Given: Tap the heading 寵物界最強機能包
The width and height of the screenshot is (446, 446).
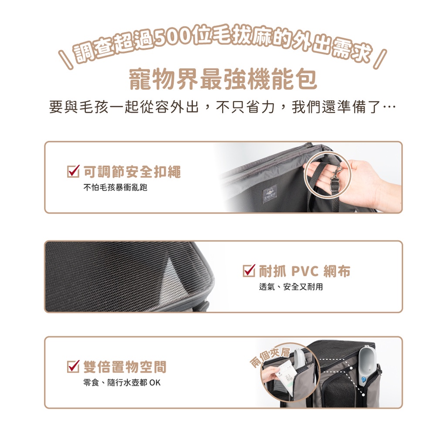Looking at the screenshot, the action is (223, 80).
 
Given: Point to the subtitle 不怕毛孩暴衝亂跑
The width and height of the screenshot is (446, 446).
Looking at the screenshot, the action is (115, 187).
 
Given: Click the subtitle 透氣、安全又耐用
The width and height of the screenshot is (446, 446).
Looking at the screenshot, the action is (291, 287).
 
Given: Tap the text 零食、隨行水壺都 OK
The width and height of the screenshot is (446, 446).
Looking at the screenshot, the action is (122, 382).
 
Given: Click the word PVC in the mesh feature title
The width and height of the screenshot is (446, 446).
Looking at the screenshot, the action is (305, 271).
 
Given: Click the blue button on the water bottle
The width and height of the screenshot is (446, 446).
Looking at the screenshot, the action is (364, 379).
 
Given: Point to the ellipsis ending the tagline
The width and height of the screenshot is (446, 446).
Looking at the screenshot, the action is (389, 108).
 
